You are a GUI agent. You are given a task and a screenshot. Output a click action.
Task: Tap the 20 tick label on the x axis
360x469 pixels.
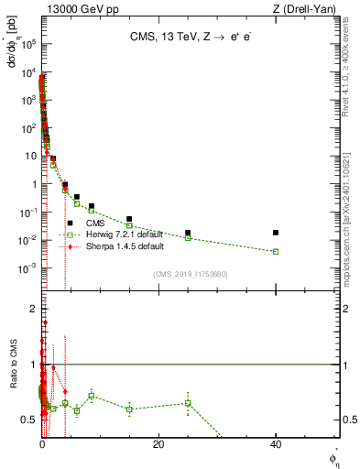[158, 444]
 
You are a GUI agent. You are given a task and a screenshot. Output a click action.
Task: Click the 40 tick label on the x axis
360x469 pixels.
[276, 444]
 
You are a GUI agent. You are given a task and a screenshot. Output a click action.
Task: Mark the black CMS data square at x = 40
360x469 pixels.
[276, 233]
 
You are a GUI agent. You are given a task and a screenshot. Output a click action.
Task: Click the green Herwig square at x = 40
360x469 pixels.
[276, 251]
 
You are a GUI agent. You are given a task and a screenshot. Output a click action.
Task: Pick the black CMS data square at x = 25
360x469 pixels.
[188, 233]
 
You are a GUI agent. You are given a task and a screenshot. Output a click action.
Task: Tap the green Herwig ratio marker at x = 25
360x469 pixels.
[188, 403]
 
